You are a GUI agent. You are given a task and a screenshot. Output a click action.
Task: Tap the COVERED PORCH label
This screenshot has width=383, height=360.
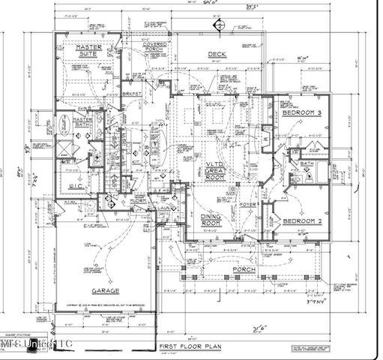coord(155,49)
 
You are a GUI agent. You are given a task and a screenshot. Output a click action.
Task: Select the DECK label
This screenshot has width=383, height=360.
coord(217,54)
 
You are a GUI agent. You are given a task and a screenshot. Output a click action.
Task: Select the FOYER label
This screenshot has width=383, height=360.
coord(248,204)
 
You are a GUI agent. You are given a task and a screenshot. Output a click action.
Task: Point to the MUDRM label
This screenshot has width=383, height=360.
coord(136,200)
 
